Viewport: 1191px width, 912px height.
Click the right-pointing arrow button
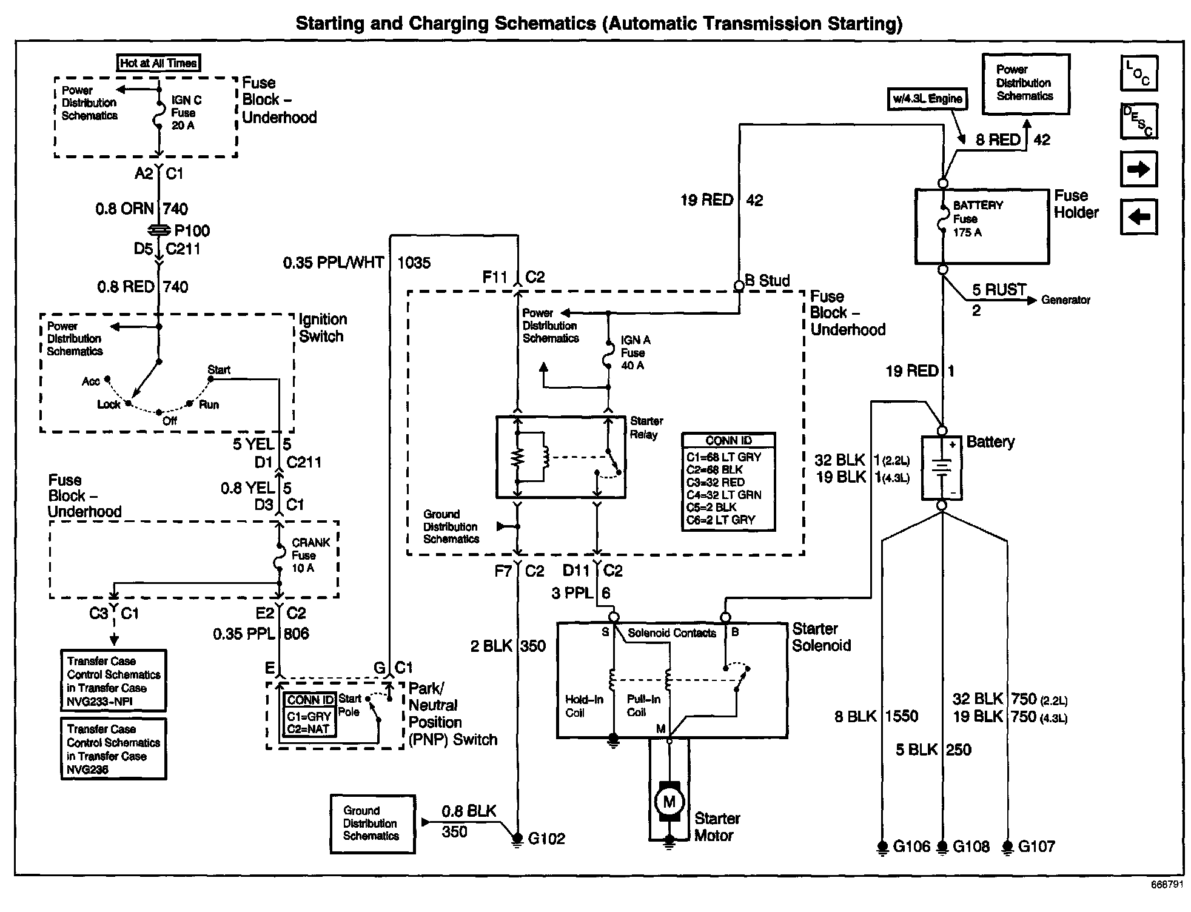click(1138, 169)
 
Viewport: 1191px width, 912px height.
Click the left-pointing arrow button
click(1138, 216)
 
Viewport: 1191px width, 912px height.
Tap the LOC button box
click(1138, 73)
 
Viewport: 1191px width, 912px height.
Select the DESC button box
click(1138, 121)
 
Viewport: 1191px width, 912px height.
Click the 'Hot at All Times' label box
click(158, 62)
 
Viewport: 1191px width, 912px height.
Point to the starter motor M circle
click(669, 802)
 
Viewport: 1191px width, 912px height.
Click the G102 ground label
click(546, 839)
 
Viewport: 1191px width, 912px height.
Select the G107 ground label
click(1036, 846)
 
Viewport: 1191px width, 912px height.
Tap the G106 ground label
click(911, 846)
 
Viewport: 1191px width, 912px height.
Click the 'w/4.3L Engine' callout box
click(927, 99)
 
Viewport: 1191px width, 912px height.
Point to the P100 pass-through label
click(192, 230)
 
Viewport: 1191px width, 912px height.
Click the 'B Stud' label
click(767, 281)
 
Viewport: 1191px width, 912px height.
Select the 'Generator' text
click(1065, 300)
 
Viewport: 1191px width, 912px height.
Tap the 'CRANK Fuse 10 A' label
click(310, 555)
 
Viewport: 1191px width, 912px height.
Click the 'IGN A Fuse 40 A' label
click(636, 353)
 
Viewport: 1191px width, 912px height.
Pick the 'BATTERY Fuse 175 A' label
click(978, 218)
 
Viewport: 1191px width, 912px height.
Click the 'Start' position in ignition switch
click(219, 369)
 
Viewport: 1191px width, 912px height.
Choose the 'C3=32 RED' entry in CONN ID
click(716, 482)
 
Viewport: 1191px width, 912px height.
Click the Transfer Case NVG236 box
click(113, 749)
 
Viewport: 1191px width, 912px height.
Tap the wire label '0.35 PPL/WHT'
click(334, 263)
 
